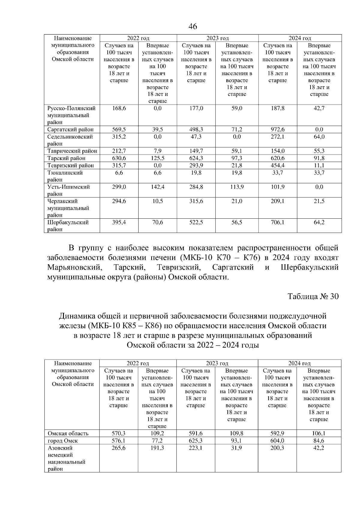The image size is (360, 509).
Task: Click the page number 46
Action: click(193, 26)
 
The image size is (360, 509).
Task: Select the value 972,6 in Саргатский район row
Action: click(277, 130)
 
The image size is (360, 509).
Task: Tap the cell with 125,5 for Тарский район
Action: click(157, 158)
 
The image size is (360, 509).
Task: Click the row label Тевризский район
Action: click(70, 166)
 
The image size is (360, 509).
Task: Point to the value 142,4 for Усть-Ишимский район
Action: click(157, 187)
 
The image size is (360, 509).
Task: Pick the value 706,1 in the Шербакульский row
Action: click(277, 223)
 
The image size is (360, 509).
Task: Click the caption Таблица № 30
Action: click(313, 296)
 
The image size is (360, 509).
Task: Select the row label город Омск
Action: click(63, 441)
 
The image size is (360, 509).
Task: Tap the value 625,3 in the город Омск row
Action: click(196, 441)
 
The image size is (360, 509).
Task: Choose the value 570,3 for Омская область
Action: click(119, 433)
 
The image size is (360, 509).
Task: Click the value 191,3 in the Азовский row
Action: click(157, 448)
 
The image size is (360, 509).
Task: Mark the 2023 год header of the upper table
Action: click(217, 38)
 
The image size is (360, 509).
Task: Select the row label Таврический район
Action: click(72, 151)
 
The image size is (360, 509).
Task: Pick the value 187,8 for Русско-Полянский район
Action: click(277, 108)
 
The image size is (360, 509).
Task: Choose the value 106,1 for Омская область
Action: click(319, 433)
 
